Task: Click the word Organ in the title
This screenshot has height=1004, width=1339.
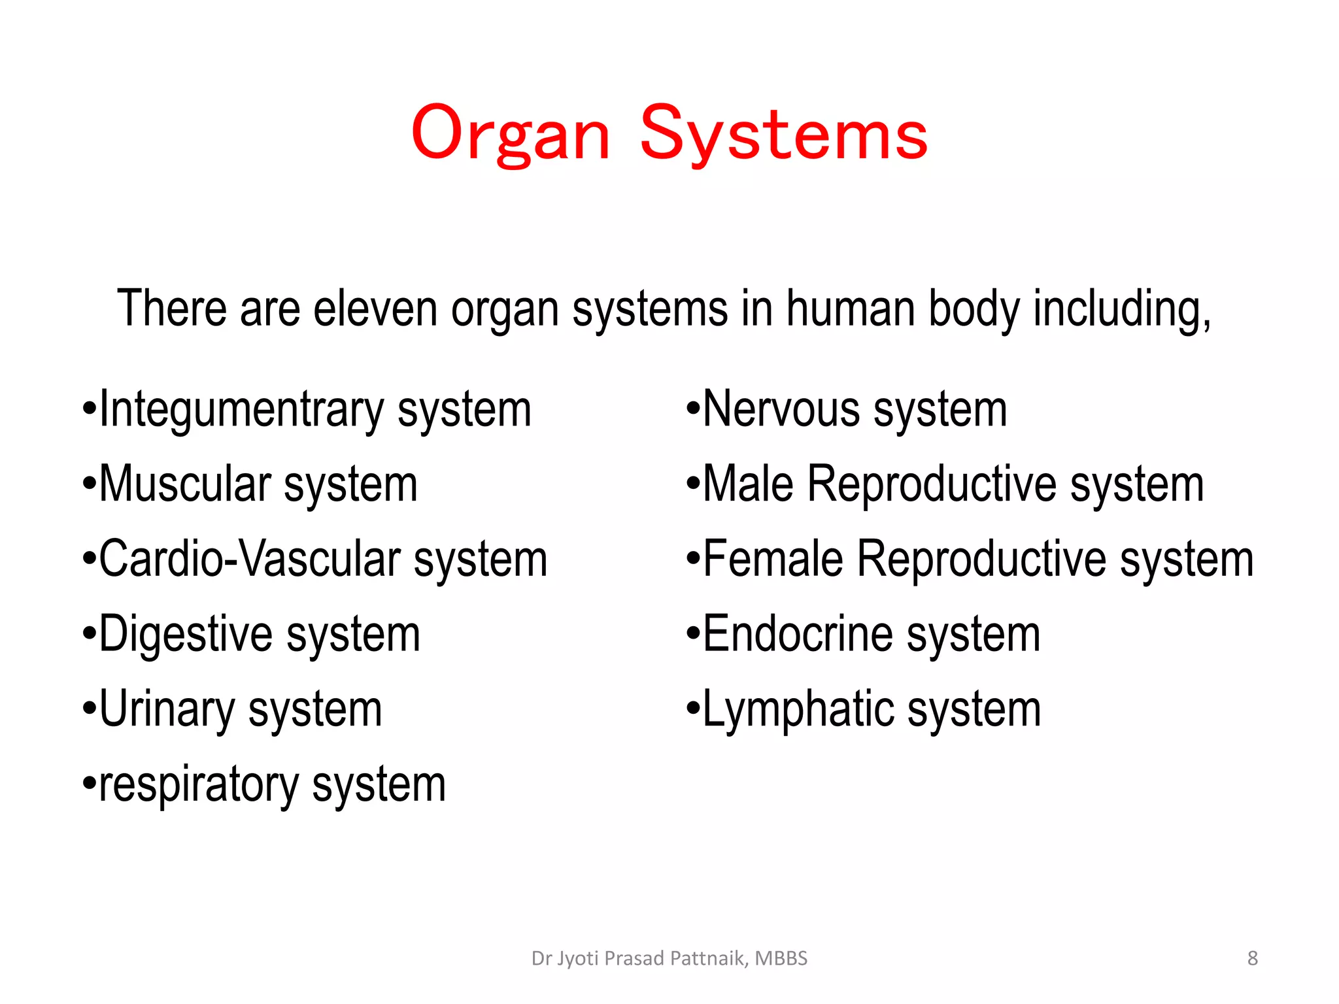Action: click(511, 134)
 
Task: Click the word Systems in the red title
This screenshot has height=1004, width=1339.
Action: click(783, 134)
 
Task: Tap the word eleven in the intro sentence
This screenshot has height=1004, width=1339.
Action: click(375, 309)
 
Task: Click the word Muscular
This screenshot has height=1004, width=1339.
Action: click(184, 484)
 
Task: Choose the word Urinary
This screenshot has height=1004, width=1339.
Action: click(167, 710)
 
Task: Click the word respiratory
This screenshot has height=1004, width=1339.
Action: click(199, 785)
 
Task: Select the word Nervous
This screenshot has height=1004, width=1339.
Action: click(781, 410)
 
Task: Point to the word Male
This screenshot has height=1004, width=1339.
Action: click(748, 484)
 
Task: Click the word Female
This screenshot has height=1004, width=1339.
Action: click(773, 560)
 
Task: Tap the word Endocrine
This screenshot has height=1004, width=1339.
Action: click(798, 635)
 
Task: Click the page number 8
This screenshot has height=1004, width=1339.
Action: click(1252, 958)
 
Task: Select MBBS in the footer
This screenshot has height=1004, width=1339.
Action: click(781, 958)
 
